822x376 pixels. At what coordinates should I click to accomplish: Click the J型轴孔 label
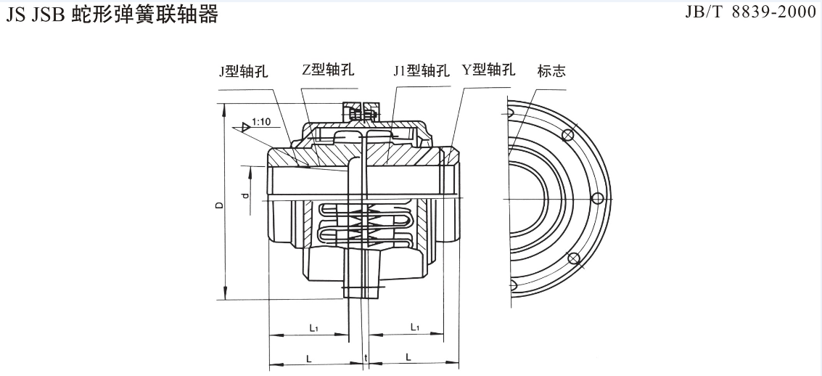click(x=244, y=72)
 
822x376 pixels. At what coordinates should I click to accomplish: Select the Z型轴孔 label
click(x=328, y=70)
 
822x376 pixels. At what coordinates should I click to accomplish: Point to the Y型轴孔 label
click(x=488, y=70)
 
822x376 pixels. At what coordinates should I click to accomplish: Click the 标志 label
click(x=551, y=71)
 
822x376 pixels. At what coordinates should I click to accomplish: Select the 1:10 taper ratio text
click(x=262, y=123)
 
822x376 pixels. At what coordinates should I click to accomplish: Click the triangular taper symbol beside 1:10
click(x=247, y=128)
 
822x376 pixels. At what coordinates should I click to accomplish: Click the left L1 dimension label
click(x=313, y=327)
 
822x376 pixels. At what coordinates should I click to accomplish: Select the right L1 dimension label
click(x=415, y=327)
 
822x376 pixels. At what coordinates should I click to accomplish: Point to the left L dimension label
click(x=309, y=358)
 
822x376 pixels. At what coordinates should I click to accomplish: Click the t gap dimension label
click(x=366, y=359)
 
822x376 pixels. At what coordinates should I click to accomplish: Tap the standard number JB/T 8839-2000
click(x=751, y=14)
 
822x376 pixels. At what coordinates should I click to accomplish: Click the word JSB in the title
click(x=49, y=15)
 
